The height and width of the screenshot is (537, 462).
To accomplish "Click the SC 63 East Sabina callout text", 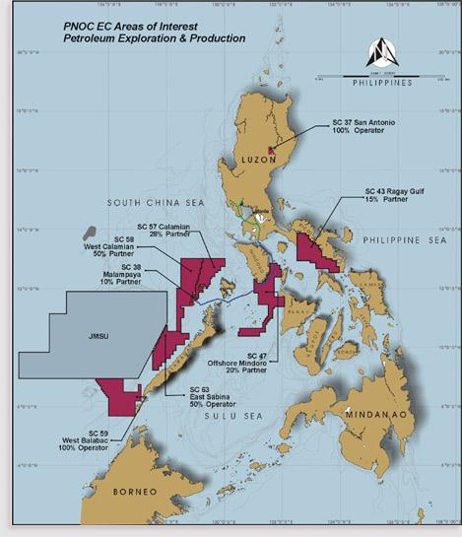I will tap(207, 396).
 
